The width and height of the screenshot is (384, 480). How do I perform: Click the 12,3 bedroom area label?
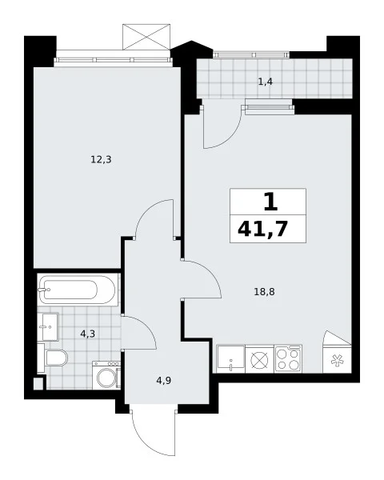tap(101, 160)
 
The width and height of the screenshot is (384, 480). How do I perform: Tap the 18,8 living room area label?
tap(264, 292)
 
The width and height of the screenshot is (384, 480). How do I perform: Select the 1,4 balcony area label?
tap(265, 82)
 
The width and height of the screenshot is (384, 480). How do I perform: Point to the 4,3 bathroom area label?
tap(87, 334)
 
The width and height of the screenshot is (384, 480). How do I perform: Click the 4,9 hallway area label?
tap(163, 381)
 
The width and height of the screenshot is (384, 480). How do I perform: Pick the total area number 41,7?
tap(262, 229)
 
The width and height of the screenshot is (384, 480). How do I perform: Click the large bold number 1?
tap(270, 202)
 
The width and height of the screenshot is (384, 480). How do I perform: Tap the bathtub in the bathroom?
tap(77, 290)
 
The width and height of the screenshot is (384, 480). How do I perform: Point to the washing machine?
tap(106, 375)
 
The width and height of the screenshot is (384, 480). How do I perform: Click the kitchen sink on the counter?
tap(231, 359)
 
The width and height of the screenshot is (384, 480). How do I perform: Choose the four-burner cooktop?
tap(288, 359)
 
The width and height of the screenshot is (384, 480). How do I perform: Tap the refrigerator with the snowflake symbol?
tap(337, 359)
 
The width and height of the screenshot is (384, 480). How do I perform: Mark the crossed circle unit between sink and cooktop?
tap(259, 359)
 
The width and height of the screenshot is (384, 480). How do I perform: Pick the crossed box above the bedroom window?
tap(146, 37)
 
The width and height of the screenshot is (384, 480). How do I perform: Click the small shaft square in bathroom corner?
tap(38, 384)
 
